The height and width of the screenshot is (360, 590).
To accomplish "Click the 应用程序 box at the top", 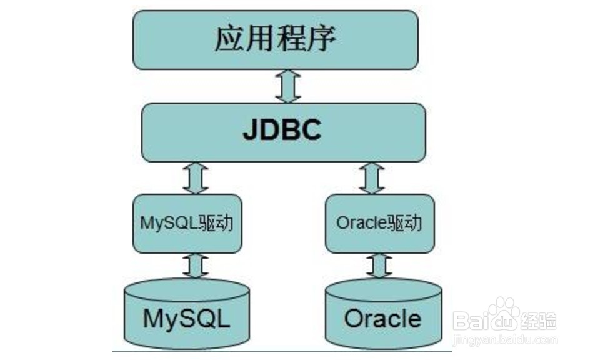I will point(275,39).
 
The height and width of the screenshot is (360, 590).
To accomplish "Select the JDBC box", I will point(284,132).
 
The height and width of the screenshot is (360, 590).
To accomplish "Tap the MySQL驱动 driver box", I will point(187,223).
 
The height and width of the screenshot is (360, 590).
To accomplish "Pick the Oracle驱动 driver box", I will point(380,223).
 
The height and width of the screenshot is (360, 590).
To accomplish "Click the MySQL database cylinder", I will point(187,316).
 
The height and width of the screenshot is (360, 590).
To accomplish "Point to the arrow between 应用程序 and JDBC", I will point(289,86).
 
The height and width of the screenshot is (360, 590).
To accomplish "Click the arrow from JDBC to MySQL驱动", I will point(196,177).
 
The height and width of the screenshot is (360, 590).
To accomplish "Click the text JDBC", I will point(282,131).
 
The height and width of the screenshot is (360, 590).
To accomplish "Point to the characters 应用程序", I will point(275,39).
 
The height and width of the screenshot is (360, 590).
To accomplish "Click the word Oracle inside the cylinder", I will point(382,319).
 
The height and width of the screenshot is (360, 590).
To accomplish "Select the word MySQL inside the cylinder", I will point(187,319).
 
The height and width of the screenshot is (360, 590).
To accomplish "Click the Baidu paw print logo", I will point(504,316).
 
